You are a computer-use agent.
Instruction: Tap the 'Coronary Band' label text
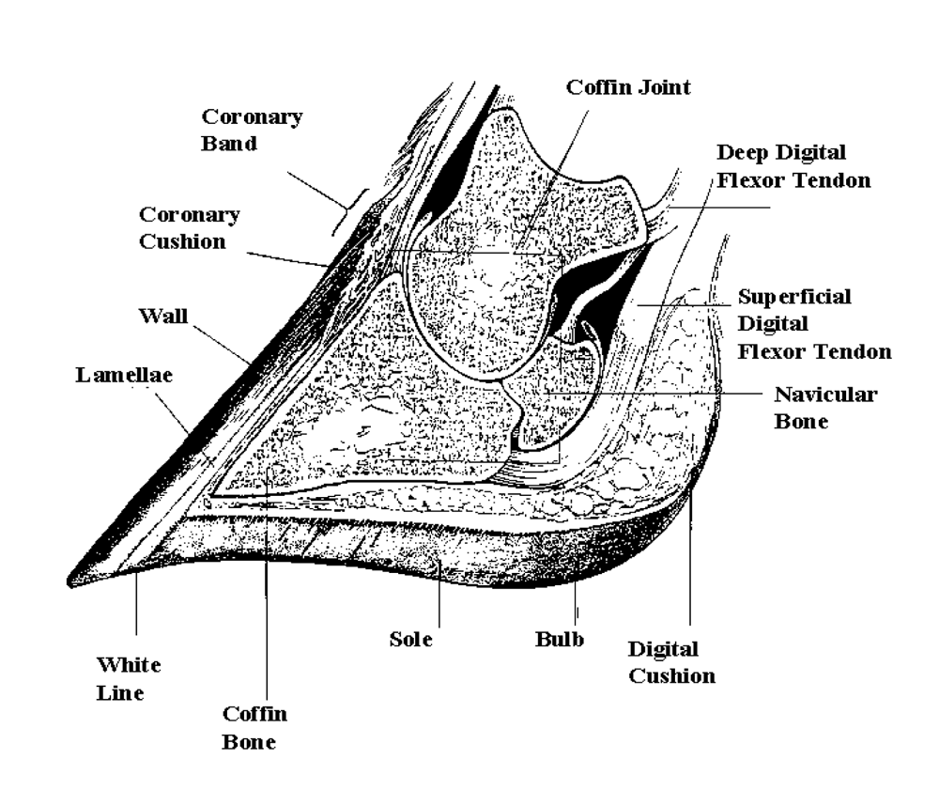point(253,131)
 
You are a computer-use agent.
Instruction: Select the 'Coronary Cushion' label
point(190,227)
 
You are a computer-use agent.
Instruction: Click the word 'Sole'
point(410,641)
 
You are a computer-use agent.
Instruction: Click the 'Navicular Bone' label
point(825,408)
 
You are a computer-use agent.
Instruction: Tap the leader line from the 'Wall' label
point(221,341)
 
